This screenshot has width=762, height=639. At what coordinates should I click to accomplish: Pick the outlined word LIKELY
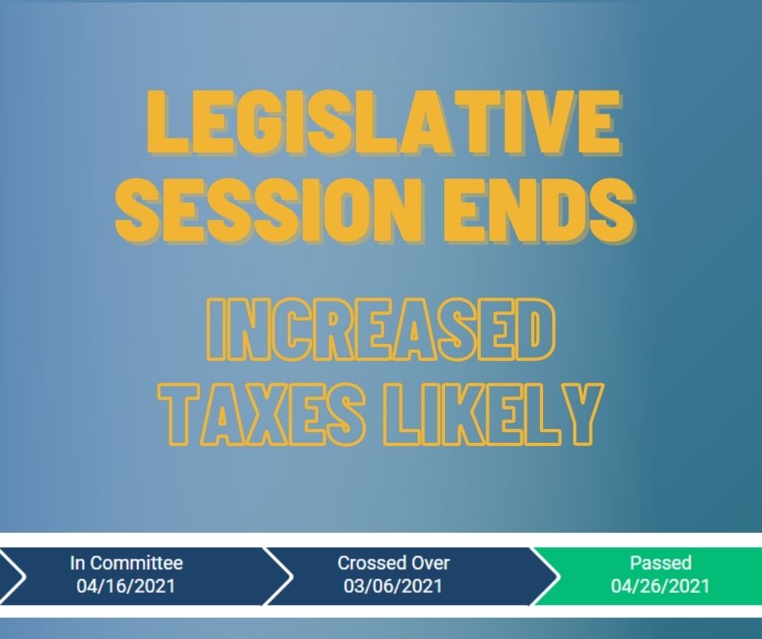pyautogui.click(x=494, y=415)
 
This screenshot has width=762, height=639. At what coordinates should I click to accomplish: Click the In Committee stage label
pyautogui.click(x=126, y=563)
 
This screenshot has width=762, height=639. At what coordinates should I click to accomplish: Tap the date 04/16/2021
pyautogui.click(x=126, y=586)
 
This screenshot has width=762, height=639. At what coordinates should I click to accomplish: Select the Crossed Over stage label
pyautogui.click(x=394, y=563)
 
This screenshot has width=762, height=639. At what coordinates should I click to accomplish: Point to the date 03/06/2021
pyautogui.click(x=393, y=586)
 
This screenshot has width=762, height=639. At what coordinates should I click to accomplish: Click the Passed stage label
pyautogui.click(x=661, y=563)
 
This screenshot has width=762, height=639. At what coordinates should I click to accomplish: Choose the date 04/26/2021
pyautogui.click(x=661, y=586)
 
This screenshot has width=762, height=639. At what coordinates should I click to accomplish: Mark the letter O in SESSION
pyautogui.click(x=340, y=211)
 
